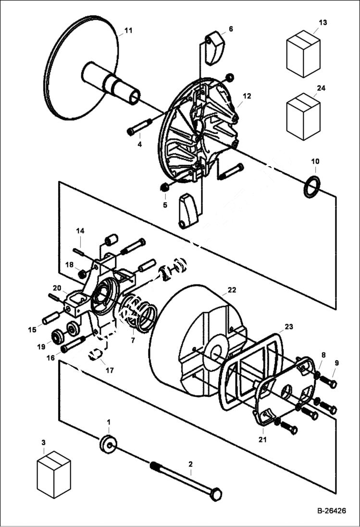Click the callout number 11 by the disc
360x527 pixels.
point(128,31)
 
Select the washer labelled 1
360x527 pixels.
point(108,443)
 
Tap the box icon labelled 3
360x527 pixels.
point(54,474)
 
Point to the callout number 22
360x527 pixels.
point(232,290)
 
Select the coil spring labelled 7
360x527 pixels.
point(139,315)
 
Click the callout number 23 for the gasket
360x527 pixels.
point(288,327)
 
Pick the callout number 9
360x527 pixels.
point(336,363)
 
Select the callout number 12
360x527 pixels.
point(247,96)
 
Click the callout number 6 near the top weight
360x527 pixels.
point(231,29)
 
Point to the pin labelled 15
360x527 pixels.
point(51,318)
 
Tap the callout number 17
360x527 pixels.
point(110,370)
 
